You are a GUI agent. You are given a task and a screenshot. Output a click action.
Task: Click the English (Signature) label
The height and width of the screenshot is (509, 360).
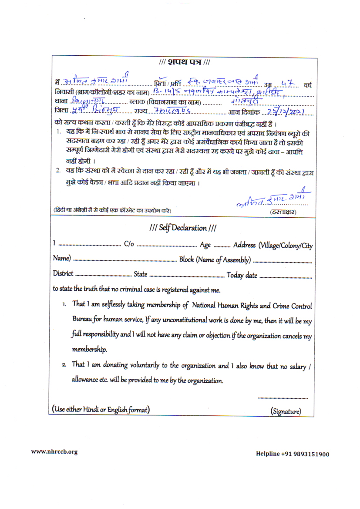pyautogui.click(x=286, y=411)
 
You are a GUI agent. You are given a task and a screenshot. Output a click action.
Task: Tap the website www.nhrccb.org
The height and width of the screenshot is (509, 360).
pyautogui.click(x=54, y=452)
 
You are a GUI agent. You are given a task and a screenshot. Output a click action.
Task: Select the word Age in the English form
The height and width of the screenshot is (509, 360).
pyautogui.click(x=205, y=245)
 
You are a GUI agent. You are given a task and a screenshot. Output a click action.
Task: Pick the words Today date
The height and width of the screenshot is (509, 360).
pyautogui.click(x=242, y=275)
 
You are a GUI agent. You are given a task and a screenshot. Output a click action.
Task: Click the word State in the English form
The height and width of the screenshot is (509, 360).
pyautogui.click(x=140, y=275)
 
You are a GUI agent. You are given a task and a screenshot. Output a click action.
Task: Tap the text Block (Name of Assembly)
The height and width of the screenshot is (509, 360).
pyautogui.click(x=215, y=260)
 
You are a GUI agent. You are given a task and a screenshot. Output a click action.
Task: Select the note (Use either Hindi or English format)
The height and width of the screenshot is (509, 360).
pyautogui.click(x=101, y=410)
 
